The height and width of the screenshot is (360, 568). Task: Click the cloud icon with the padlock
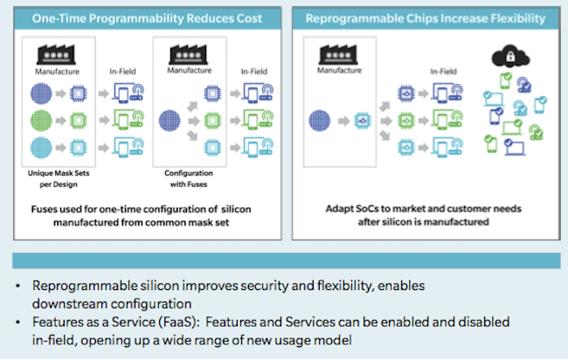(510, 56)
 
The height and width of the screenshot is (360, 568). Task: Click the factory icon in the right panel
(338, 54)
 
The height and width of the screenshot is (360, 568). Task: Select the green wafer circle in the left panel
(41, 121)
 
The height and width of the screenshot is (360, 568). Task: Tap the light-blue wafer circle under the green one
(41, 148)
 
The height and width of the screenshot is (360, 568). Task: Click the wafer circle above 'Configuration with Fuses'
(170, 121)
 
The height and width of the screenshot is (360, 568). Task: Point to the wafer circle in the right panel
(320, 121)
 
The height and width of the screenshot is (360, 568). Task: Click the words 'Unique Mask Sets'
(59, 173)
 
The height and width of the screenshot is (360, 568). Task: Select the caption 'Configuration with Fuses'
(189, 178)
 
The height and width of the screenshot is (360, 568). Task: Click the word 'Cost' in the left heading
(249, 18)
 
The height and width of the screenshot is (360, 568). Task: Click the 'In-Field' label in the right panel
(443, 72)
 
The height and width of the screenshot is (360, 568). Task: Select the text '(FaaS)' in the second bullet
(179, 322)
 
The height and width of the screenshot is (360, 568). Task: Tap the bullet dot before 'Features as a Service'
(17, 322)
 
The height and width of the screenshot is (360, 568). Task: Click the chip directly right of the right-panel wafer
(363, 121)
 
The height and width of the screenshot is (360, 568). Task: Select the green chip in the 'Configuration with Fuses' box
(212, 121)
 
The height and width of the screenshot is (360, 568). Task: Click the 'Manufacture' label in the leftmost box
(57, 72)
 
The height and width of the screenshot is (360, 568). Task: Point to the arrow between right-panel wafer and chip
(343, 121)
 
